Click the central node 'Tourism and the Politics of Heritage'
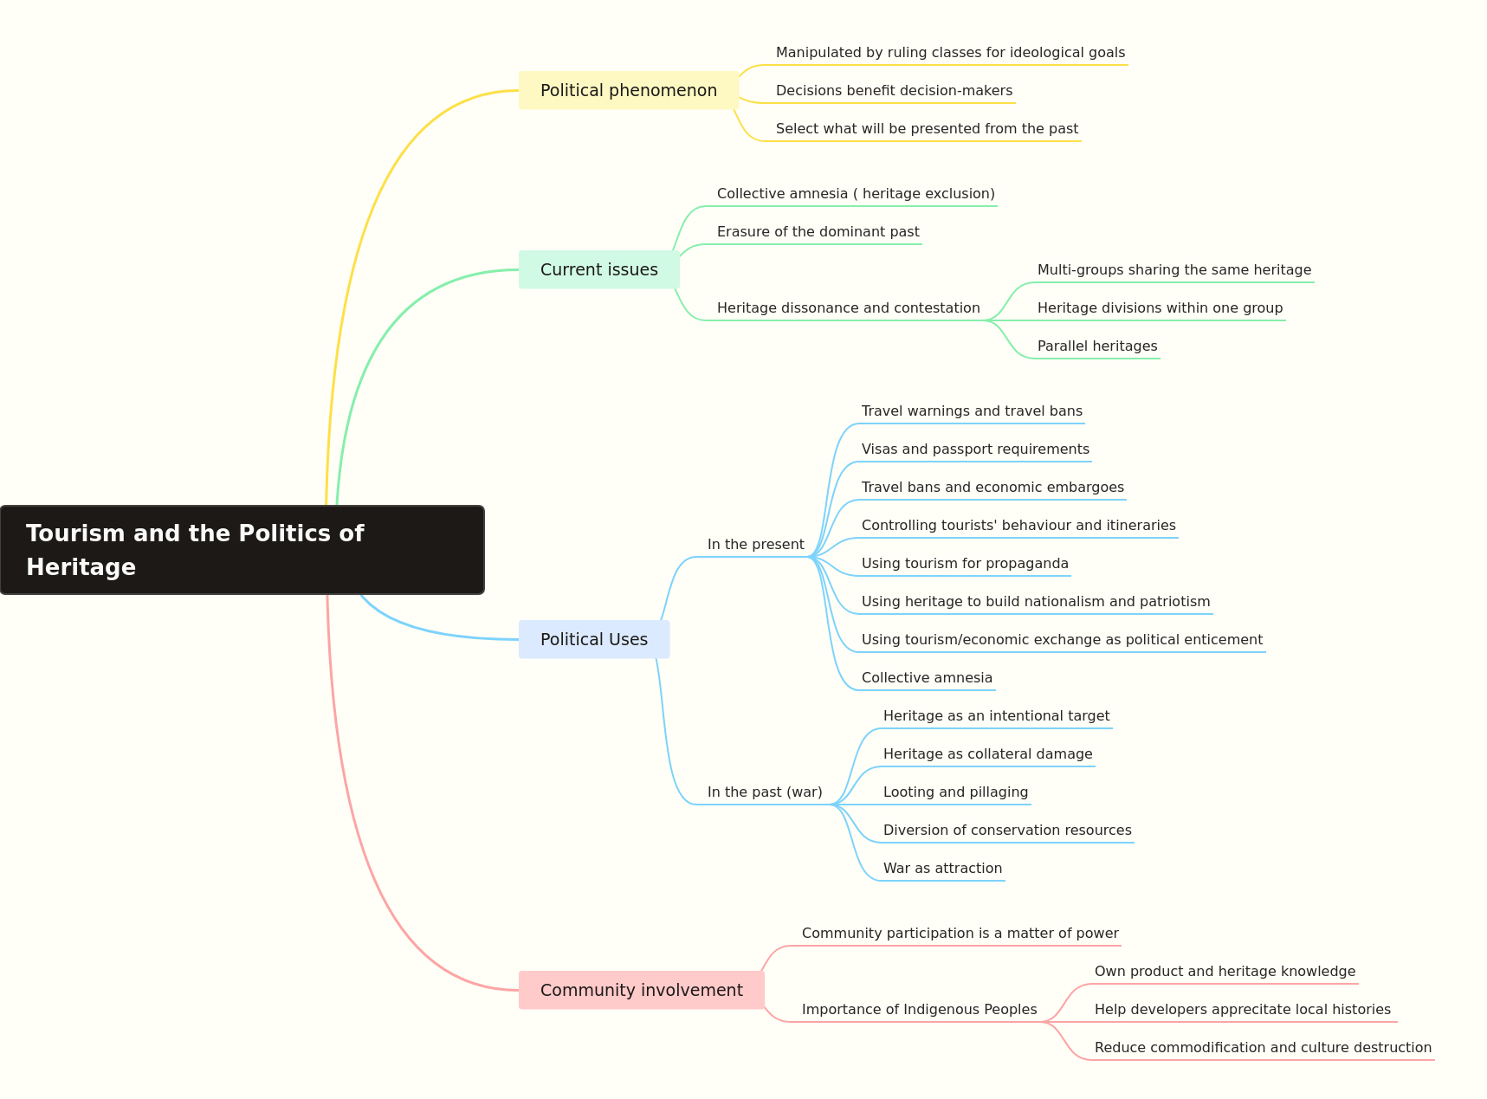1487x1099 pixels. (x=242, y=550)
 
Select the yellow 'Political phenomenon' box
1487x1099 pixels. (x=629, y=90)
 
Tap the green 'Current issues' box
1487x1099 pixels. (x=599, y=269)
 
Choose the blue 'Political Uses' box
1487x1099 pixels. (x=594, y=639)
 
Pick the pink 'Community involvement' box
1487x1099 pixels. (x=642, y=990)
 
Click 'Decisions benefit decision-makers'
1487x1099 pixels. (x=894, y=91)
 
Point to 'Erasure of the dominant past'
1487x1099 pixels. (x=818, y=232)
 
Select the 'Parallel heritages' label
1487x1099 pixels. (x=1097, y=346)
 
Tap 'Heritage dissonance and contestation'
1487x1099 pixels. (x=849, y=308)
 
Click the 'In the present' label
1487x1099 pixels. (x=756, y=545)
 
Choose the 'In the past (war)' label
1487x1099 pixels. (x=765, y=792)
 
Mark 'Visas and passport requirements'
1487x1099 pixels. (x=975, y=449)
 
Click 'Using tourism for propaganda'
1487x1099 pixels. (x=965, y=564)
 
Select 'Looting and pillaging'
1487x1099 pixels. (x=956, y=792)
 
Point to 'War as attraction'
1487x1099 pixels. (x=942, y=869)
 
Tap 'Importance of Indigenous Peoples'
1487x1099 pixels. (x=919, y=1010)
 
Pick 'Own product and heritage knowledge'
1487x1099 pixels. (x=1225, y=972)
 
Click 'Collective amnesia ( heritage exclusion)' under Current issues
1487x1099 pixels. (x=856, y=194)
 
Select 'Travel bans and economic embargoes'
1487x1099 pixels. (x=992, y=488)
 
